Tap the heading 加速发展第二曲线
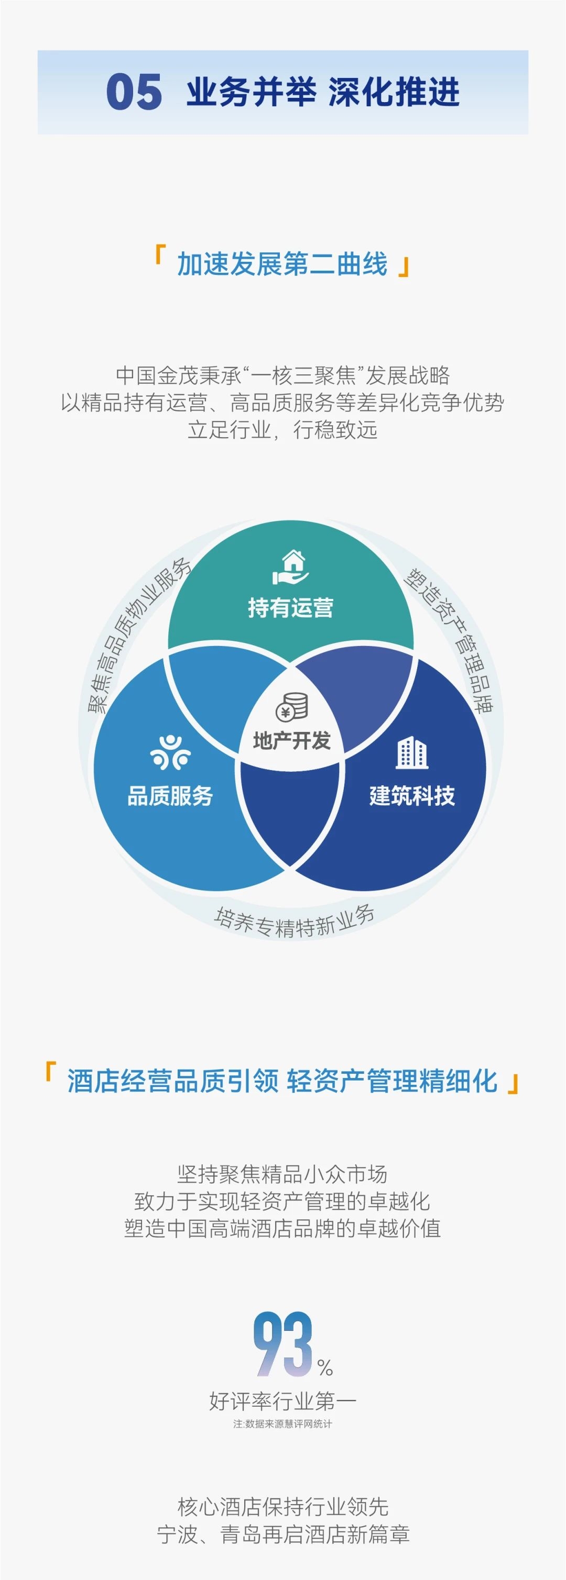pos(282,264)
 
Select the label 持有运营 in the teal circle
pos(290,608)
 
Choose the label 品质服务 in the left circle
pos(170,796)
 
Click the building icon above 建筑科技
pos(411,753)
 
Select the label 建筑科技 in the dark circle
pos(412,796)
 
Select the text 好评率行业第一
pos(283,1400)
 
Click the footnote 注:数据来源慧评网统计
pos(282,1423)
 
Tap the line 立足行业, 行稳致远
pos(282,429)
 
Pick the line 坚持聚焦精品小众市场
pos(282,1173)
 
